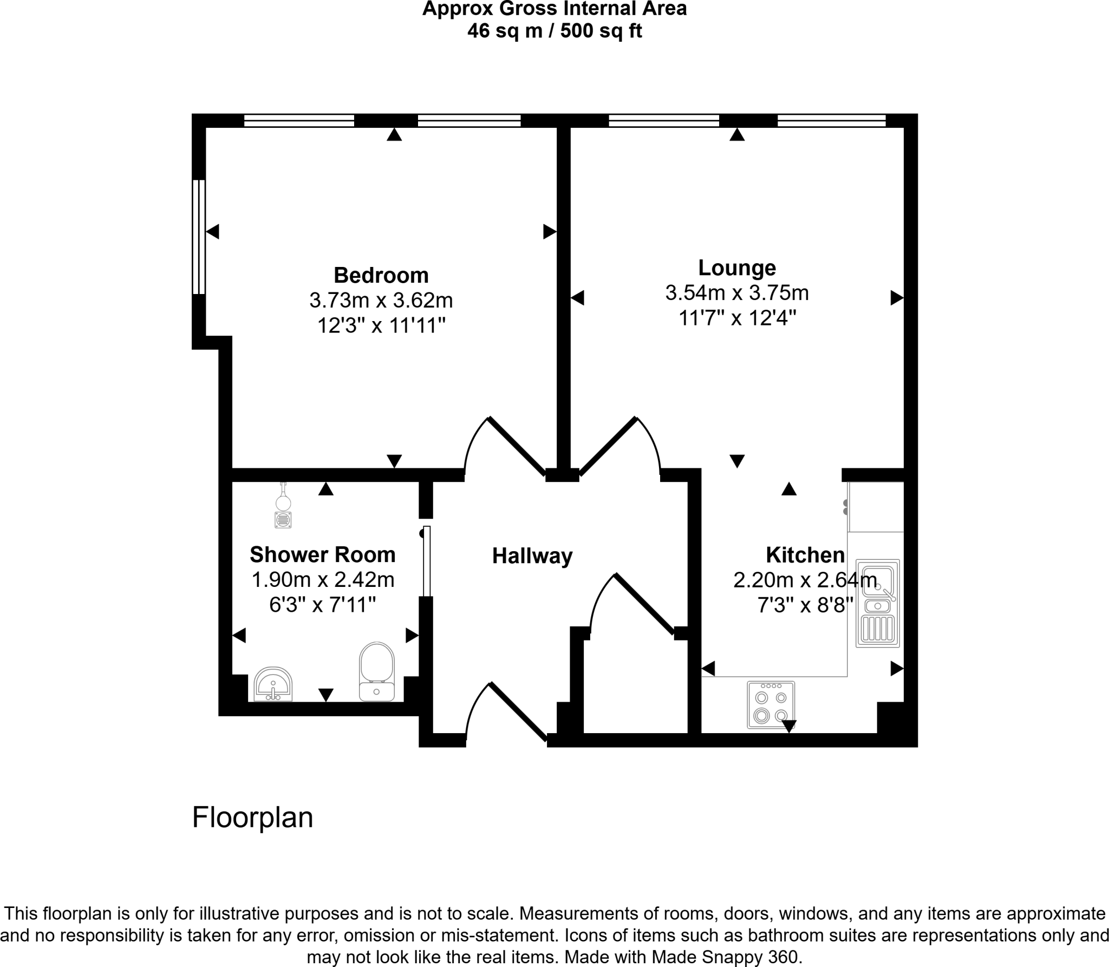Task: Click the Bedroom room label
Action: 381,275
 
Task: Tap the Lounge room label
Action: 736,267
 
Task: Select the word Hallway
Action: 532,556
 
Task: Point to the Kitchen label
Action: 805,555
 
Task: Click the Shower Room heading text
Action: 322,554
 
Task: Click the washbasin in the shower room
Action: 273,684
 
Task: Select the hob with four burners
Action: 771,704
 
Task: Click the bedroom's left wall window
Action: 199,237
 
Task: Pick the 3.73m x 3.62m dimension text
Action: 381,300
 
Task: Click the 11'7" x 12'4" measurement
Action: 736,318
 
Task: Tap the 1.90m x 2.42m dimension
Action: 322,580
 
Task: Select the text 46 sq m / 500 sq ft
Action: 554,31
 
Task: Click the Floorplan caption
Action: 252,818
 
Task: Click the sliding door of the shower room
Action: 427,561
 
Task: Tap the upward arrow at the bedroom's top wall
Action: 394,134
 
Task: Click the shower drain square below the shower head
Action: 283,520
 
